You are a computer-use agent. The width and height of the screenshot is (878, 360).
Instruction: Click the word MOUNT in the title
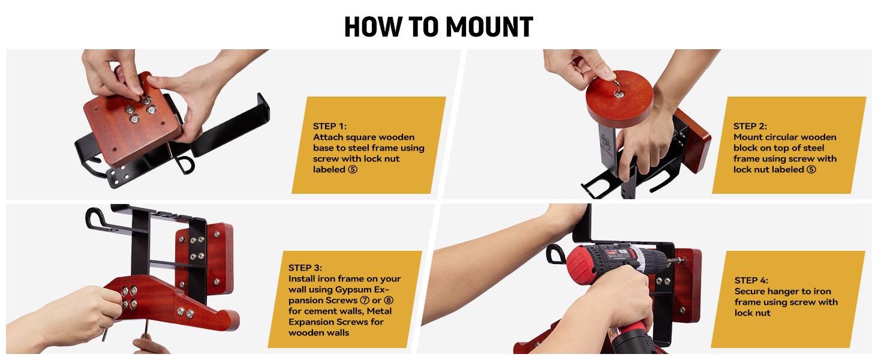[x=489, y=26]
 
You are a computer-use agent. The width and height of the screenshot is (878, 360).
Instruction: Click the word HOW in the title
[x=373, y=26]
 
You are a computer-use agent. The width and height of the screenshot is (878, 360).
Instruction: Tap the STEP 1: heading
[x=330, y=126]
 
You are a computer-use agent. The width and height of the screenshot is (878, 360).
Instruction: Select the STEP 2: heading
[x=750, y=126]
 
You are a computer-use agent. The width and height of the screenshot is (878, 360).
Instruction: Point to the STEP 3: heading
[x=305, y=268]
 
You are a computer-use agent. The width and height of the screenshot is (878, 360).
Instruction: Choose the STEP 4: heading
[x=751, y=280]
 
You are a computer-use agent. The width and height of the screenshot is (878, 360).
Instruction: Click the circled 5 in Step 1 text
[x=353, y=169]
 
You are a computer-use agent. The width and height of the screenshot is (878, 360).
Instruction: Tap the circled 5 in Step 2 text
[x=811, y=169]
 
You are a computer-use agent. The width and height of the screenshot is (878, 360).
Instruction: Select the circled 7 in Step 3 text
[x=365, y=301]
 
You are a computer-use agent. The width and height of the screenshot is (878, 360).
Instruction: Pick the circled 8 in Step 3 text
[x=389, y=301]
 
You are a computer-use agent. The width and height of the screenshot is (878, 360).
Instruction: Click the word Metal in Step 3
[x=379, y=311]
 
